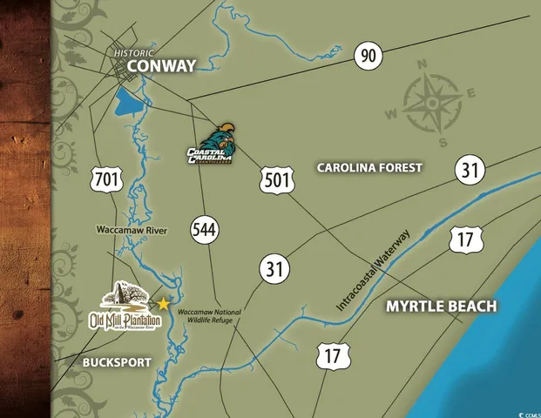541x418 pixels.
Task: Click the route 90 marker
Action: (x=369, y=57)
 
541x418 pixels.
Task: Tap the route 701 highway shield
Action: (x=106, y=180)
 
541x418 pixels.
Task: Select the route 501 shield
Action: (x=274, y=180)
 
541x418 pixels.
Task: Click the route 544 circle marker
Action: (x=206, y=231)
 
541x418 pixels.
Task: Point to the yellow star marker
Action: (x=162, y=304)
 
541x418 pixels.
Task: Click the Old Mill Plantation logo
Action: (x=126, y=310)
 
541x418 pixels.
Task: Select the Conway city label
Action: (x=160, y=65)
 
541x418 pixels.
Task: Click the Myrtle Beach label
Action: (x=442, y=307)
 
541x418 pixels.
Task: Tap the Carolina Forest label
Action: (x=369, y=167)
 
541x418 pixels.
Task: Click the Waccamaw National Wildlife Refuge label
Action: (x=208, y=318)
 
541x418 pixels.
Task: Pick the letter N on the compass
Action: (x=421, y=64)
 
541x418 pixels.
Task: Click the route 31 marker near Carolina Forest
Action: (x=470, y=170)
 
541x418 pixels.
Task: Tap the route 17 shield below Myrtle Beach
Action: (x=333, y=355)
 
